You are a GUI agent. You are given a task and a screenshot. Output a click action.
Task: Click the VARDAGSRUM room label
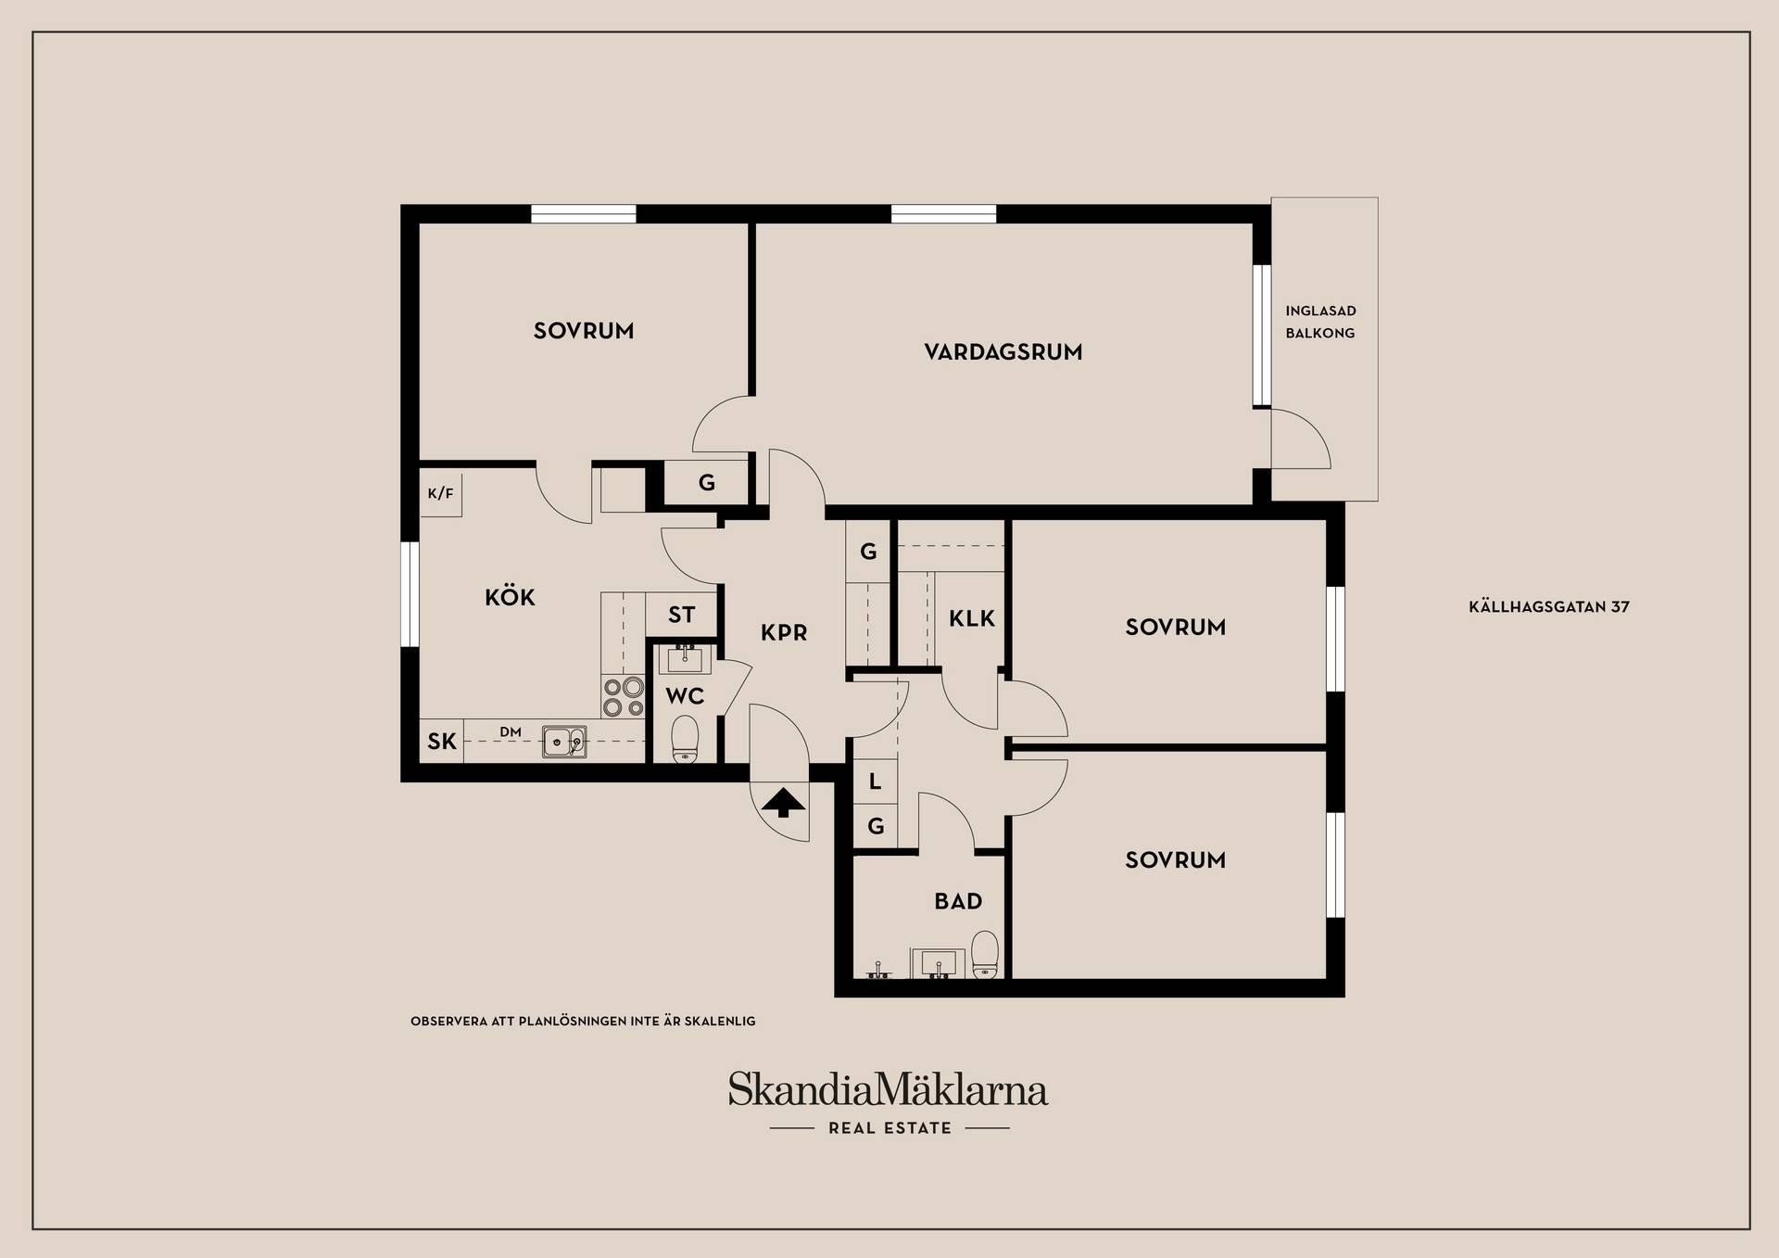point(1003,352)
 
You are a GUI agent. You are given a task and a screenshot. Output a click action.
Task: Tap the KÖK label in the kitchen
point(510,597)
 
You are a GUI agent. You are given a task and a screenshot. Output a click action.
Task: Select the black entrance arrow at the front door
point(783,802)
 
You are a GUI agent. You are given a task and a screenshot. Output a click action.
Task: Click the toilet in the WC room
point(685,739)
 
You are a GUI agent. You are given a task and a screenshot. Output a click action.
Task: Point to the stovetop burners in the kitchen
point(623,697)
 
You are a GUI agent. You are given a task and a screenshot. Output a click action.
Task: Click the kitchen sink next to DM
point(563,741)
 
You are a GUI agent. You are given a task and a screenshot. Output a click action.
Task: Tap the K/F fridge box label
point(441,493)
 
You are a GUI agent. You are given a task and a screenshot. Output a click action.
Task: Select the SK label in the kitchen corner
point(442,742)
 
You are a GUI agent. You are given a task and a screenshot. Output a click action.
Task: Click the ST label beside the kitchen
point(682,615)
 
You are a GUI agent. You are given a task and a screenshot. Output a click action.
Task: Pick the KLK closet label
point(972,618)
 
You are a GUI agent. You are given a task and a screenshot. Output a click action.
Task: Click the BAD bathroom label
point(958,901)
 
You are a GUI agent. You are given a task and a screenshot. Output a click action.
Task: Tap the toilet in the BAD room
point(985,955)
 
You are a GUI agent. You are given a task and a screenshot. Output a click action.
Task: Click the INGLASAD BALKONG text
point(1320,322)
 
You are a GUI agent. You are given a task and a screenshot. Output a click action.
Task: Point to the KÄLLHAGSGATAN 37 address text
point(1549,607)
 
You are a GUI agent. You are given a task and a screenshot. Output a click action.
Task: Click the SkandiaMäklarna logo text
point(888,1088)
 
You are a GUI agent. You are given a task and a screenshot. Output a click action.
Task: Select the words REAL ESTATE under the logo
point(889,1128)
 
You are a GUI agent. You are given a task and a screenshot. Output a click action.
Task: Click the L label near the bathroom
point(875,781)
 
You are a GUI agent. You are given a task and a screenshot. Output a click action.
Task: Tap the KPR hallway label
point(784,633)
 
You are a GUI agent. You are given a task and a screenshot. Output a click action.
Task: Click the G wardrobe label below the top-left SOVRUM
point(707,483)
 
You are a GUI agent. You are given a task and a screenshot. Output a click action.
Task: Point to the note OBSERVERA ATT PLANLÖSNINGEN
point(583,1022)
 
